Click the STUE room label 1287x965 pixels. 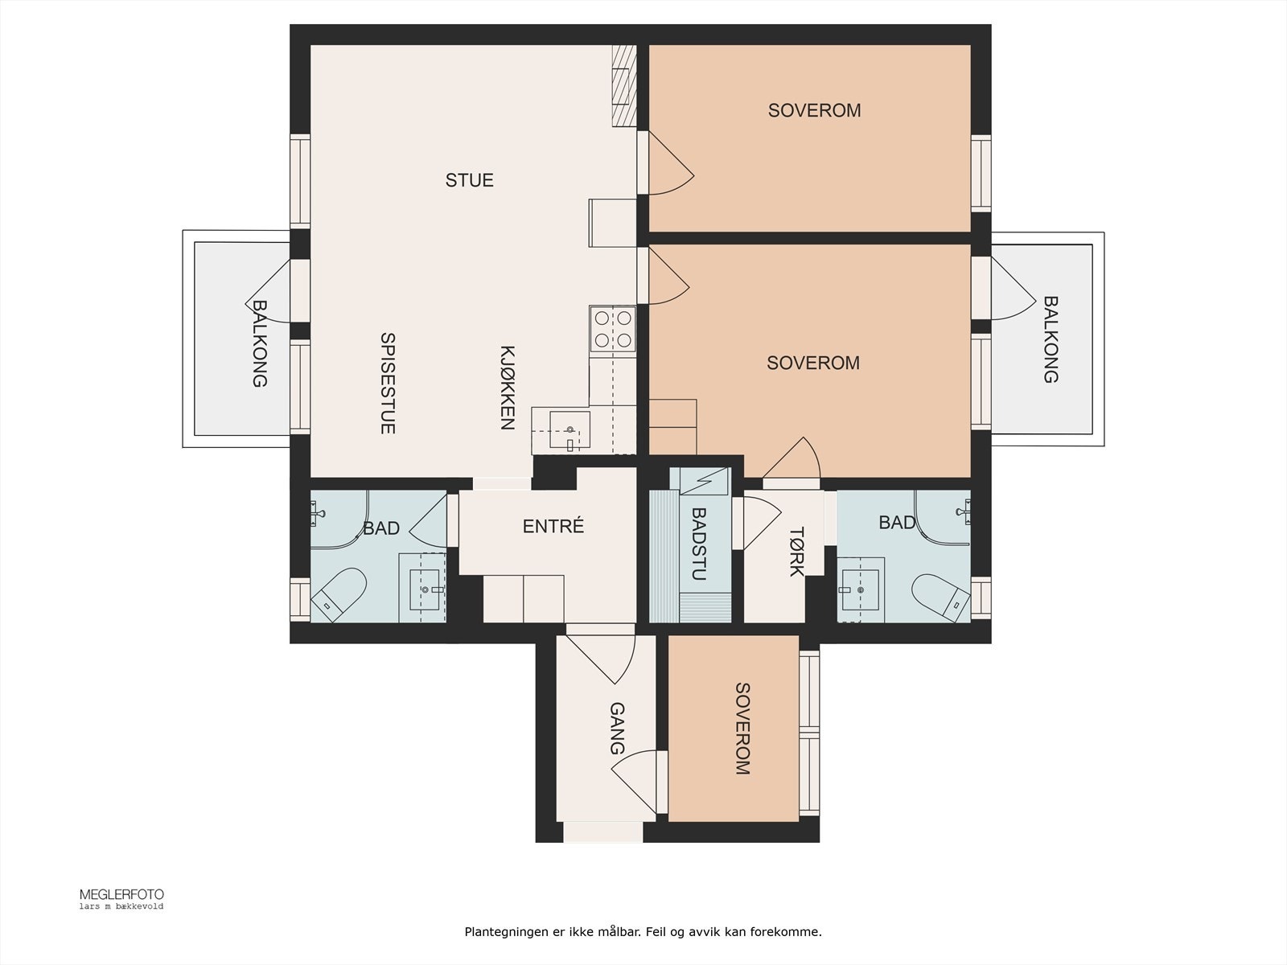469,180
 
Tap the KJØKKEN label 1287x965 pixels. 507,388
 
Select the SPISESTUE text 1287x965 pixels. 388,384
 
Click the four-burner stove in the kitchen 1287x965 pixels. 612,329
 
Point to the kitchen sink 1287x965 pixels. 569,430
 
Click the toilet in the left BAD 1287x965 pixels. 339,594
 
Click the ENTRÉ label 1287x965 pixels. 553,527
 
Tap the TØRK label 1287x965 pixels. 796,552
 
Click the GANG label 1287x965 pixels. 617,729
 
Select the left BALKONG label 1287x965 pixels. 259,343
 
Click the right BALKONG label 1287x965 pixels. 1051,339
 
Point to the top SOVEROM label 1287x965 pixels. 814,111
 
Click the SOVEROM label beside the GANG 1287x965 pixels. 742,729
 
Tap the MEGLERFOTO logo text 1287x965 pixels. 121,894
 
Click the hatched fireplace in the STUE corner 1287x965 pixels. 623,85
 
